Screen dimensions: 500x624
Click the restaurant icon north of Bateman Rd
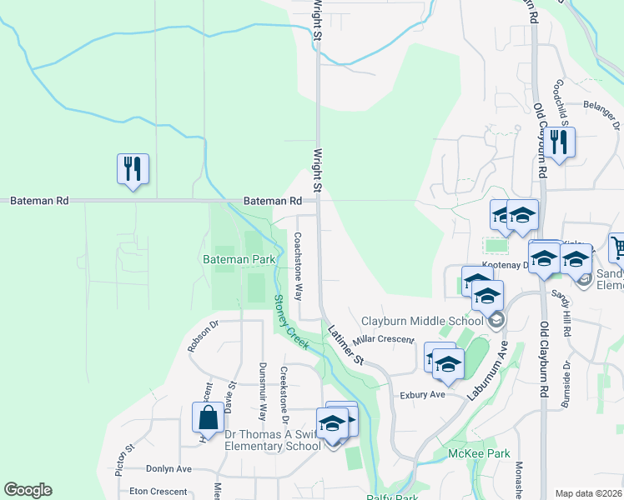(133, 170)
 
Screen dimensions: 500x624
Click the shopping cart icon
(618, 247)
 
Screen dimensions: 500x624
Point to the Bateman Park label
(239, 260)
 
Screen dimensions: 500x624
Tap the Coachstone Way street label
(297, 267)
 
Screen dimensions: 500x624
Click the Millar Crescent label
(384, 340)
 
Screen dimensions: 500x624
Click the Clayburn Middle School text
(422, 321)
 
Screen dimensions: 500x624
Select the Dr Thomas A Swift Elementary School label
(272, 439)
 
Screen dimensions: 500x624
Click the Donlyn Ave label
(169, 469)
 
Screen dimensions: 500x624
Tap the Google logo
(28, 490)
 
